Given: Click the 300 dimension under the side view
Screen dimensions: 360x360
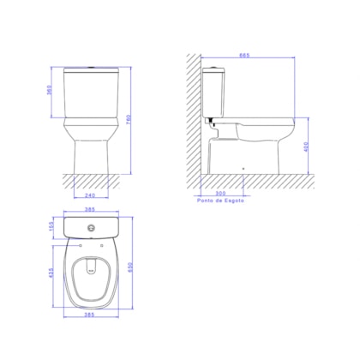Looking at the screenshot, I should (222, 193).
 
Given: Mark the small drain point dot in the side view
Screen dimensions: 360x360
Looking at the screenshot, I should (245, 166).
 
